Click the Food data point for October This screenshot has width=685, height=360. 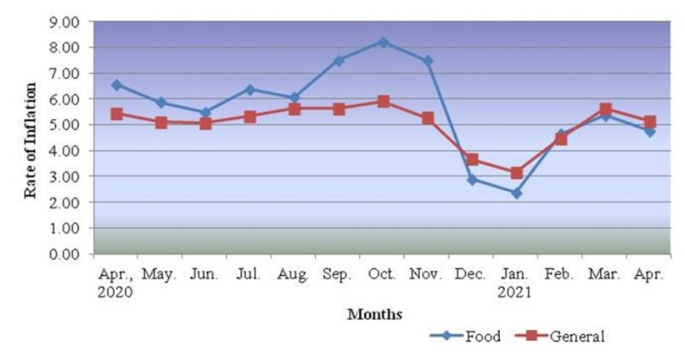pos(383,42)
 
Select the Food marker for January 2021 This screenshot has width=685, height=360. pos(516,193)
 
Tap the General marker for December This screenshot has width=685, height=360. pos(472,159)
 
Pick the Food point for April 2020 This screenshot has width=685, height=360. pos(117,85)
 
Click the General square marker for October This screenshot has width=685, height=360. pos(383,101)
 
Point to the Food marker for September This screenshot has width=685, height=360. pos(339,60)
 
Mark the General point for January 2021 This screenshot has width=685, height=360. pos(516,173)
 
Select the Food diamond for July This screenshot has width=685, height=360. pos(249,89)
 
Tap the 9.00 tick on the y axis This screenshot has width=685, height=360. pos(68,21)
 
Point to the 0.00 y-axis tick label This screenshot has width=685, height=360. pos(68,255)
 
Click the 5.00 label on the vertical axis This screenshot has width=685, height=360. pos(68,125)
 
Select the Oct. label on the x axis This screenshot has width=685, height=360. pos(382,274)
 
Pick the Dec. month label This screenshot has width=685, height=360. pos(472,274)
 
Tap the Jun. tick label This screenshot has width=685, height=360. pos(205,274)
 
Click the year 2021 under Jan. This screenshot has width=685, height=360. pos(515,291)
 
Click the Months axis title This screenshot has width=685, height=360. pos(375,315)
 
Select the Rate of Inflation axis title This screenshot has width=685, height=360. pos(31,141)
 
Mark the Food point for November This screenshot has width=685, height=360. pos(428,61)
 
